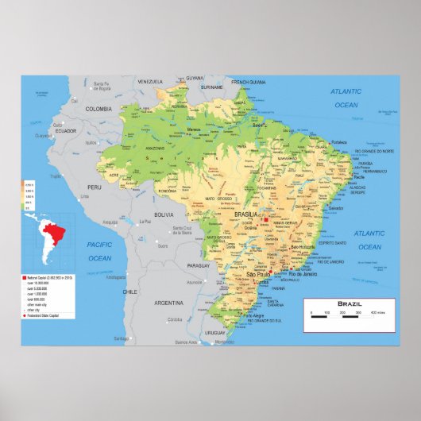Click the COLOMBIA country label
(x=99, y=108)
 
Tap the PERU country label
(x=95, y=187)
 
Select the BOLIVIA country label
(x=163, y=214)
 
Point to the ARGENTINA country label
(x=168, y=303)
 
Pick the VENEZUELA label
(x=149, y=81)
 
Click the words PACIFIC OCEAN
(x=99, y=252)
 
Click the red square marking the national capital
(x=264, y=218)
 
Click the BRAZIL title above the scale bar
(x=349, y=304)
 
